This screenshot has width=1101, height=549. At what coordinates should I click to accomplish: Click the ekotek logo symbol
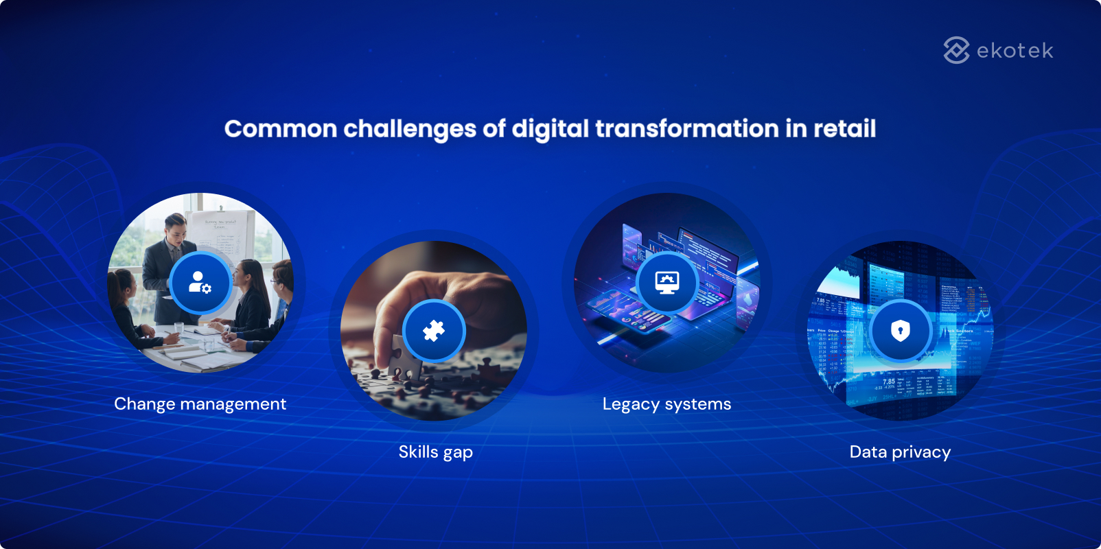coord(956,50)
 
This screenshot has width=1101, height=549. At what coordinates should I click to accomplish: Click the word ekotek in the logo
coord(1015,51)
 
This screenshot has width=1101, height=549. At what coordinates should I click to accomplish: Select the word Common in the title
coord(281,129)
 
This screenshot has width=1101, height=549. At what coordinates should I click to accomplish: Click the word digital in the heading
coord(550,129)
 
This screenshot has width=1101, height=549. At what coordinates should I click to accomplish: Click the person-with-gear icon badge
coord(200,283)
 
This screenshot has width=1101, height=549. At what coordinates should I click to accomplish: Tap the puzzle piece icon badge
coord(434,331)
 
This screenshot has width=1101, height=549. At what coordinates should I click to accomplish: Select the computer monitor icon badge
coord(667,283)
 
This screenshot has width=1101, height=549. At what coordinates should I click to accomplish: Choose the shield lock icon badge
coord(901,331)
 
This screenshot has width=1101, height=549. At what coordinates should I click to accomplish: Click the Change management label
coord(200,404)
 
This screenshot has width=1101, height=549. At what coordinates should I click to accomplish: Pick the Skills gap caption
coord(435,452)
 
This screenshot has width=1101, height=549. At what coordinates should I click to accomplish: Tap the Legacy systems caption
coord(667,404)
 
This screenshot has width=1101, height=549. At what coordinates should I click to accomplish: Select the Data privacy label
coord(900,452)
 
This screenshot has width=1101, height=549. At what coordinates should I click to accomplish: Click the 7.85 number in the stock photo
coord(888,382)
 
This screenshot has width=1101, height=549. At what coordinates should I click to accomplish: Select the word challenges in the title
coord(410,129)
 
